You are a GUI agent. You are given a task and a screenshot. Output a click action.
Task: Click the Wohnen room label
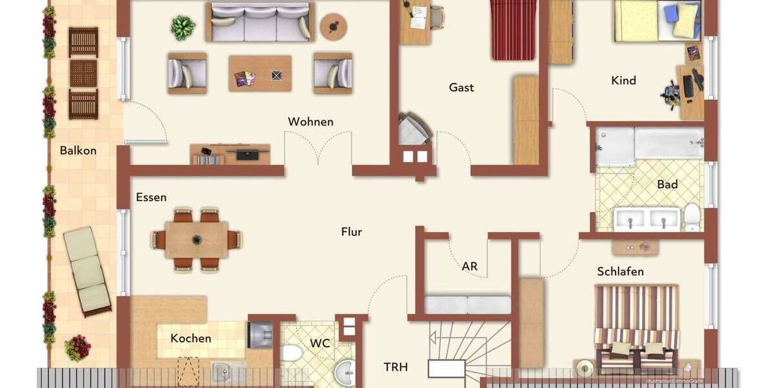pos(311,122)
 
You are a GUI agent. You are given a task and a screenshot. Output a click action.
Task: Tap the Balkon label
pos(78,151)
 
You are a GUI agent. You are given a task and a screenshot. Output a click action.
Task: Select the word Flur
pos(352,232)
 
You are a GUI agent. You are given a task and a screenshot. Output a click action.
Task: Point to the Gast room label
pos(462,87)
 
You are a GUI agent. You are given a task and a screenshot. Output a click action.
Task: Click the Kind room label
pos(623,81)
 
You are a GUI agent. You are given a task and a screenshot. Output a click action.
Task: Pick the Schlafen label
pos(620,272)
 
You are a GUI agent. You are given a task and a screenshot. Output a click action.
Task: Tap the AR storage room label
pos(470,265)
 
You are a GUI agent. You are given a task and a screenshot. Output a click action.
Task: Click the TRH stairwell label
pos(396,367)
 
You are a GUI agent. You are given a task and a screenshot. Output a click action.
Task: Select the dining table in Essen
pos(196,239)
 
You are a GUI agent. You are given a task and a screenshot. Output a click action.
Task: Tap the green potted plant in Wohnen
pos(183,28)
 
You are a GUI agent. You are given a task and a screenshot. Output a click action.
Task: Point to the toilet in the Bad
pos(692,217)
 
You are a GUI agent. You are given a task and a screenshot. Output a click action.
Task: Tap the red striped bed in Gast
pos(514,29)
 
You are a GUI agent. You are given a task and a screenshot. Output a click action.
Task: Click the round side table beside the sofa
pos(333,27)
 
